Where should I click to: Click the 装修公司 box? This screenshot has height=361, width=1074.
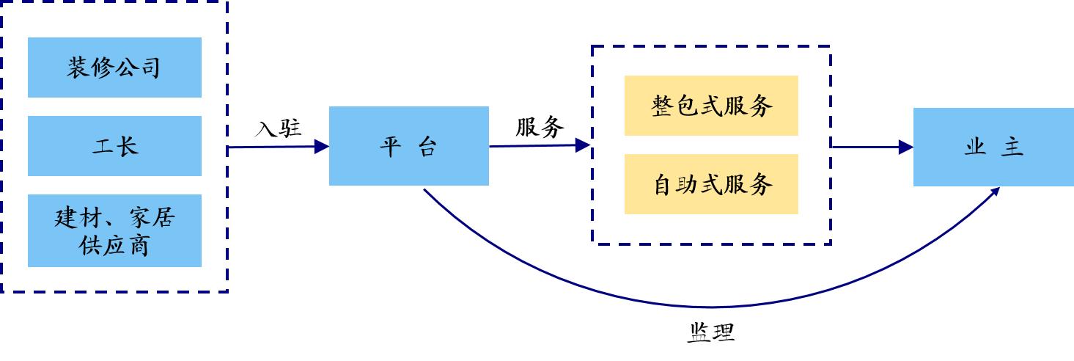(x=114, y=68)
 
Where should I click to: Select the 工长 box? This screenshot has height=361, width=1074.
(x=114, y=146)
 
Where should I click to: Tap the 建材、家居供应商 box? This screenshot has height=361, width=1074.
(x=114, y=230)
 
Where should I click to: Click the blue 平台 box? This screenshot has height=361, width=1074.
(x=408, y=146)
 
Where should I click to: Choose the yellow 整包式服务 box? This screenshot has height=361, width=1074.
(x=711, y=106)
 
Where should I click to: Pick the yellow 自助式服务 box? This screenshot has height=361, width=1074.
(x=711, y=184)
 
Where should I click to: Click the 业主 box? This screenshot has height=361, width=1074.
(x=993, y=147)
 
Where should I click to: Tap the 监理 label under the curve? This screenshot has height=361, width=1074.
(x=710, y=333)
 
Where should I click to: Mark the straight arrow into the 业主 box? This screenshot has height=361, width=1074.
(x=872, y=147)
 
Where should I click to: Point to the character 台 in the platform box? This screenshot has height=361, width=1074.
(x=427, y=148)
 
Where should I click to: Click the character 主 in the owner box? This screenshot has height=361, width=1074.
(x=1012, y=147)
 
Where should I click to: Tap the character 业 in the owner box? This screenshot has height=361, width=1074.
(x=974, y=147)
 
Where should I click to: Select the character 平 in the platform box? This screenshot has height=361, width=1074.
(x=389, y=148)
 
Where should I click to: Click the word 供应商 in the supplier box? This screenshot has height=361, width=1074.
(x=114, y=244)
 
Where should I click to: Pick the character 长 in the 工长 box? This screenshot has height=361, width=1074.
(x=127, y=147)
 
